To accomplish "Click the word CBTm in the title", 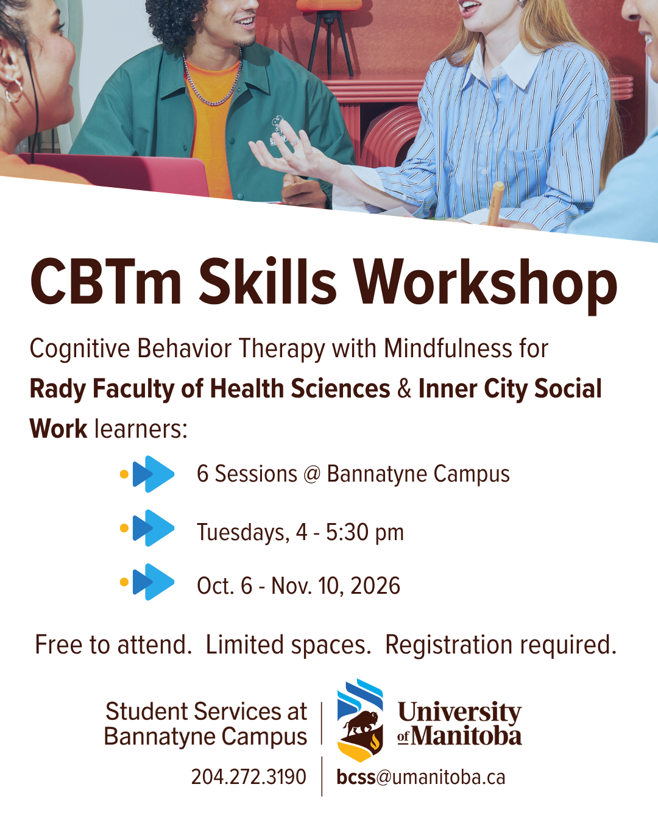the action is [x=105, y=282].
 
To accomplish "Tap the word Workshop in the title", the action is [x=485, y=286].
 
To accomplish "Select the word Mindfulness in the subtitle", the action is [x=448, y=348].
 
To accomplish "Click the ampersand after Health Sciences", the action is [x=404, y=389].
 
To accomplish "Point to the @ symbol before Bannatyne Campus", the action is [x=312, y=474].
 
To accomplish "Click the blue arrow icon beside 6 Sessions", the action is [x=153, y=474].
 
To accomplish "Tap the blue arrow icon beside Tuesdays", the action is [x=153, y=528].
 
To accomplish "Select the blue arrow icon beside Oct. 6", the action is [x=153, y=582].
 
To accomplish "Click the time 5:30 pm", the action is [x=365, y=532].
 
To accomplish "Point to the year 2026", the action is [x=375, y=586].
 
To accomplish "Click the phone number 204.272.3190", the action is [x=249, y=777].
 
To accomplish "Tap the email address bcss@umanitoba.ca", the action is [x=421, y=777].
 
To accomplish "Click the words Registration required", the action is [x=501, y=646].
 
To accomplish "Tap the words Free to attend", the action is [x=113, y=645].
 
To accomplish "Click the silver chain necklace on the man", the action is [x=212, y=82].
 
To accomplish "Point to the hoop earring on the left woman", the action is [x=14, y=90].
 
